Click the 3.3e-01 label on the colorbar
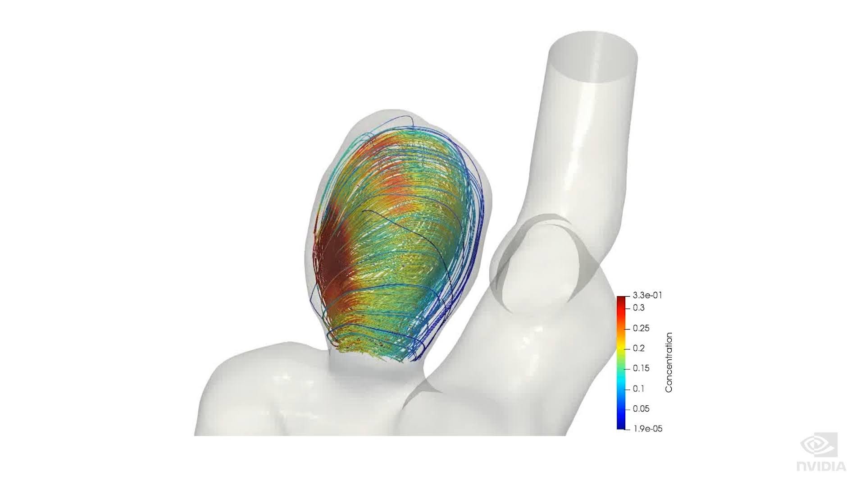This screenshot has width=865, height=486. pos(647,296)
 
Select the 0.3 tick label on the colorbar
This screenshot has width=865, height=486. pos(638,308)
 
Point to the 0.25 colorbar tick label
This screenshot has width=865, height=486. pos(641,328)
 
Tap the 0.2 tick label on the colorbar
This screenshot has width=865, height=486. pos(638,348)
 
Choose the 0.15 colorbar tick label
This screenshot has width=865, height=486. pos(641,368)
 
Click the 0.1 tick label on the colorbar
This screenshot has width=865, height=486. pos(638,389)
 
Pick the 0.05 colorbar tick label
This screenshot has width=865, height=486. pos(641,409)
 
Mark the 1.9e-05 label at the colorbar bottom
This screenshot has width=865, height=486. pos(648,429)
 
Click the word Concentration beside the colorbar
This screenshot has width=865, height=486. pos(669,362)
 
